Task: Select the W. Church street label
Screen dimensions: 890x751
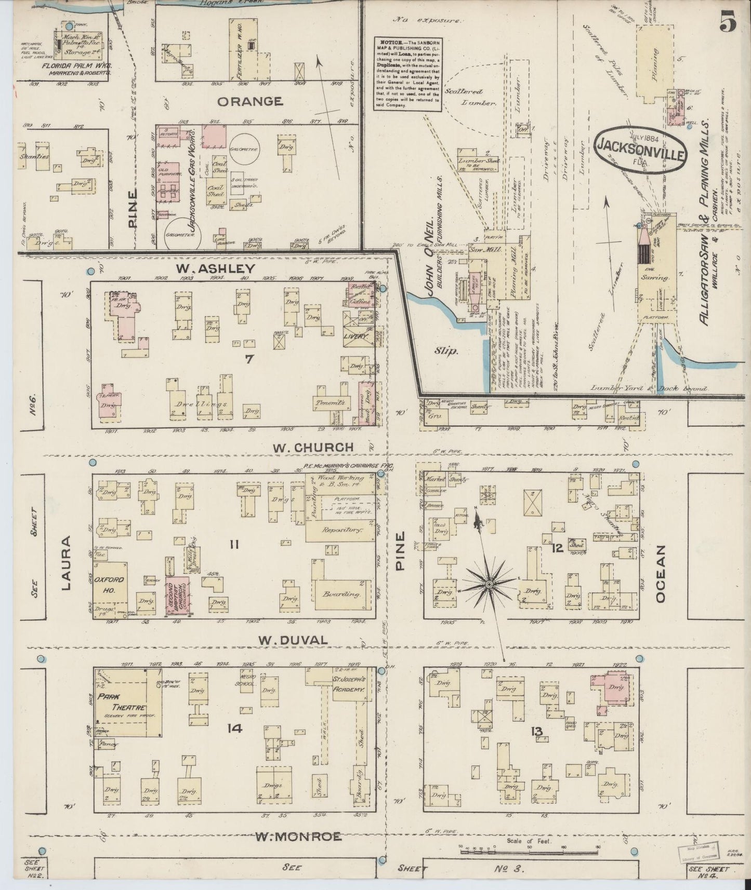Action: coord(312,447)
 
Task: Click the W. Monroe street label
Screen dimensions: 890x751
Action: coord(298,837)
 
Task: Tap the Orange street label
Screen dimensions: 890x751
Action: coord(249,101)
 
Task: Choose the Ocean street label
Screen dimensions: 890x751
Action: coord(661,573)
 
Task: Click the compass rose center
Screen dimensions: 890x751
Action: coord(489,585)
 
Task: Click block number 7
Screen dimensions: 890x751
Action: coord(249,358)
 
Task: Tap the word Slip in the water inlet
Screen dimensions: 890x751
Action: coord(446,352)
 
